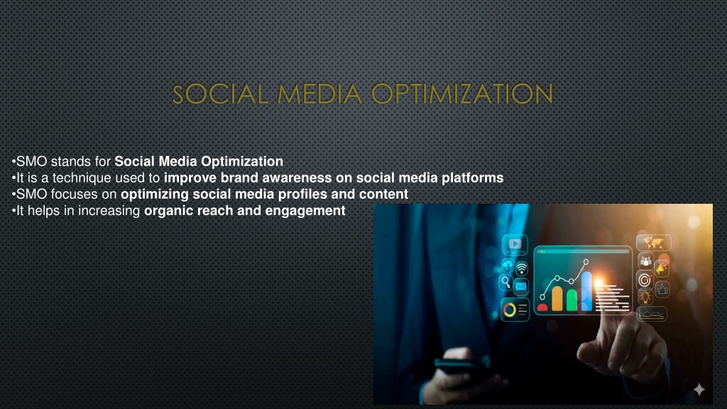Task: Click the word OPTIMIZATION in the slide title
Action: coord(461,94)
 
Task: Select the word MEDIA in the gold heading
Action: coord(319,94)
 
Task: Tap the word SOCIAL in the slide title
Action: coord(220,94)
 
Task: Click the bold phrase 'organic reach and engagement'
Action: coord(245,211)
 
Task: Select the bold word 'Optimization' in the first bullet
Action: coord(242,161)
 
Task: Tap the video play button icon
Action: coord(515,244)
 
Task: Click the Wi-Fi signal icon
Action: coord(522,268)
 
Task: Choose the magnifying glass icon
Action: coord(505,283)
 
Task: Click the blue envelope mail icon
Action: coord(520,288)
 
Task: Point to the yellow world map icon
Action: coord(653,243)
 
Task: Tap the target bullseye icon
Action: coord(645,280)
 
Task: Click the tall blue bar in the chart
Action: coord(586,291)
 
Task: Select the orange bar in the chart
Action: coord(557,299)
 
